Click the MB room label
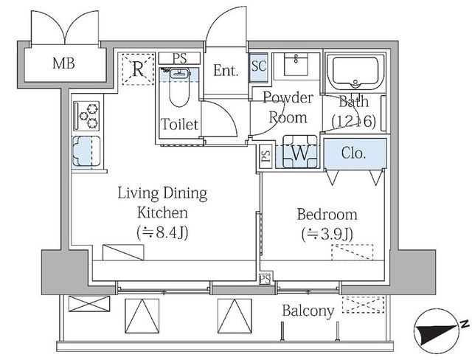pyautogui.click(x=63, y=63)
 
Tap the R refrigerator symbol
pyautogui.click(x=138, y=69)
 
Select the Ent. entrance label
pyautogui.click(x=226, y=70)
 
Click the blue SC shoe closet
pyautogui.click(x=259, y=68)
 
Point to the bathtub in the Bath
pyautogui.click(x=355, y=72)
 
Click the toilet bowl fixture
pyautogui.click(x=179, y=87)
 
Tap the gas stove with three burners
pyautogui.click(x=86, y=116)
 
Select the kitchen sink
pyautogui.click(x=86, y=151)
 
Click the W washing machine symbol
pyautogui.click(x=300, y=152)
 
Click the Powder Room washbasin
pyautogui.click(x=296, y=64)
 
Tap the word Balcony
pyautogui.click(x=308, y=311)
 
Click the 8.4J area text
pyautogui.click(x=163, y=232)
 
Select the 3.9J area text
pyautogui.click(x=327, y=234)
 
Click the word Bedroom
pyautogui.click(x=327, y=214)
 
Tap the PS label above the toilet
pyautogui.click(x=180, y=58)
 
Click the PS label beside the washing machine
pyautogui.click(x=265, y=156)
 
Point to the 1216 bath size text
pyautogui.click(x=354, y=121)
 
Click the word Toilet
pyautogui.click(x=180, y=124)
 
